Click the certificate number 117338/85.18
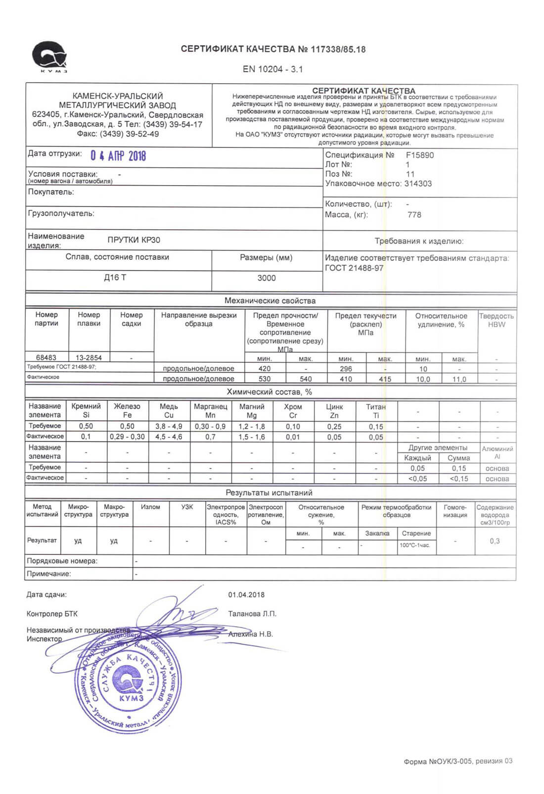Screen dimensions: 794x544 point(338,50)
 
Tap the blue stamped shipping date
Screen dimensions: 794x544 point(118,156)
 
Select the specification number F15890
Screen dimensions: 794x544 point(420,155)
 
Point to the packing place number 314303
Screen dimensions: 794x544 point(418,184)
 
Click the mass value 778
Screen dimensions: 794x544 point(414,215)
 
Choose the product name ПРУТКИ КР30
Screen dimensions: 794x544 point(134,240)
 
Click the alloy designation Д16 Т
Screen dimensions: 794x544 point(115,278)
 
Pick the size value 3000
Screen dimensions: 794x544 point(267,278)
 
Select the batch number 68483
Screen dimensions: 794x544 point(46,357)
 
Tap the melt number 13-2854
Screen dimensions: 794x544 point(89,357)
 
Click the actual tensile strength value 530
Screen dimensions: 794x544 point(265,379)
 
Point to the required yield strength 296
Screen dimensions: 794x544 point(346,369)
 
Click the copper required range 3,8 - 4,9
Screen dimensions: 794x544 point(169,426)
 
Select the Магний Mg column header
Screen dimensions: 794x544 point(252,410)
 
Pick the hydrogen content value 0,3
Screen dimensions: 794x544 point(495,541)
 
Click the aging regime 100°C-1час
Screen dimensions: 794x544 point(415,545)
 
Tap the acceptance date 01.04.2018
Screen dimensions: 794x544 point(246,595)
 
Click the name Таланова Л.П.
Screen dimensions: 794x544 point(252,614)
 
